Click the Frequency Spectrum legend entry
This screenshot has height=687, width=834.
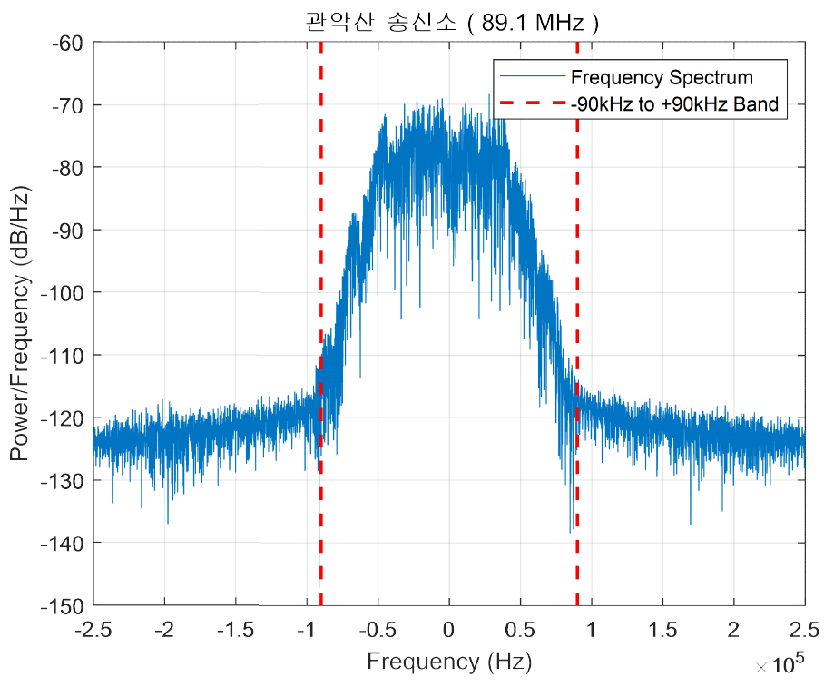coord(662,77)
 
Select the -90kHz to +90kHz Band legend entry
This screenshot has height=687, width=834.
coord(674,104)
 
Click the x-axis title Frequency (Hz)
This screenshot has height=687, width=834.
coord(448,662)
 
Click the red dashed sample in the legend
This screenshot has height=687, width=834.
coord(532,104)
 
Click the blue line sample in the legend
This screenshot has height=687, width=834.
coord(532,77)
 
